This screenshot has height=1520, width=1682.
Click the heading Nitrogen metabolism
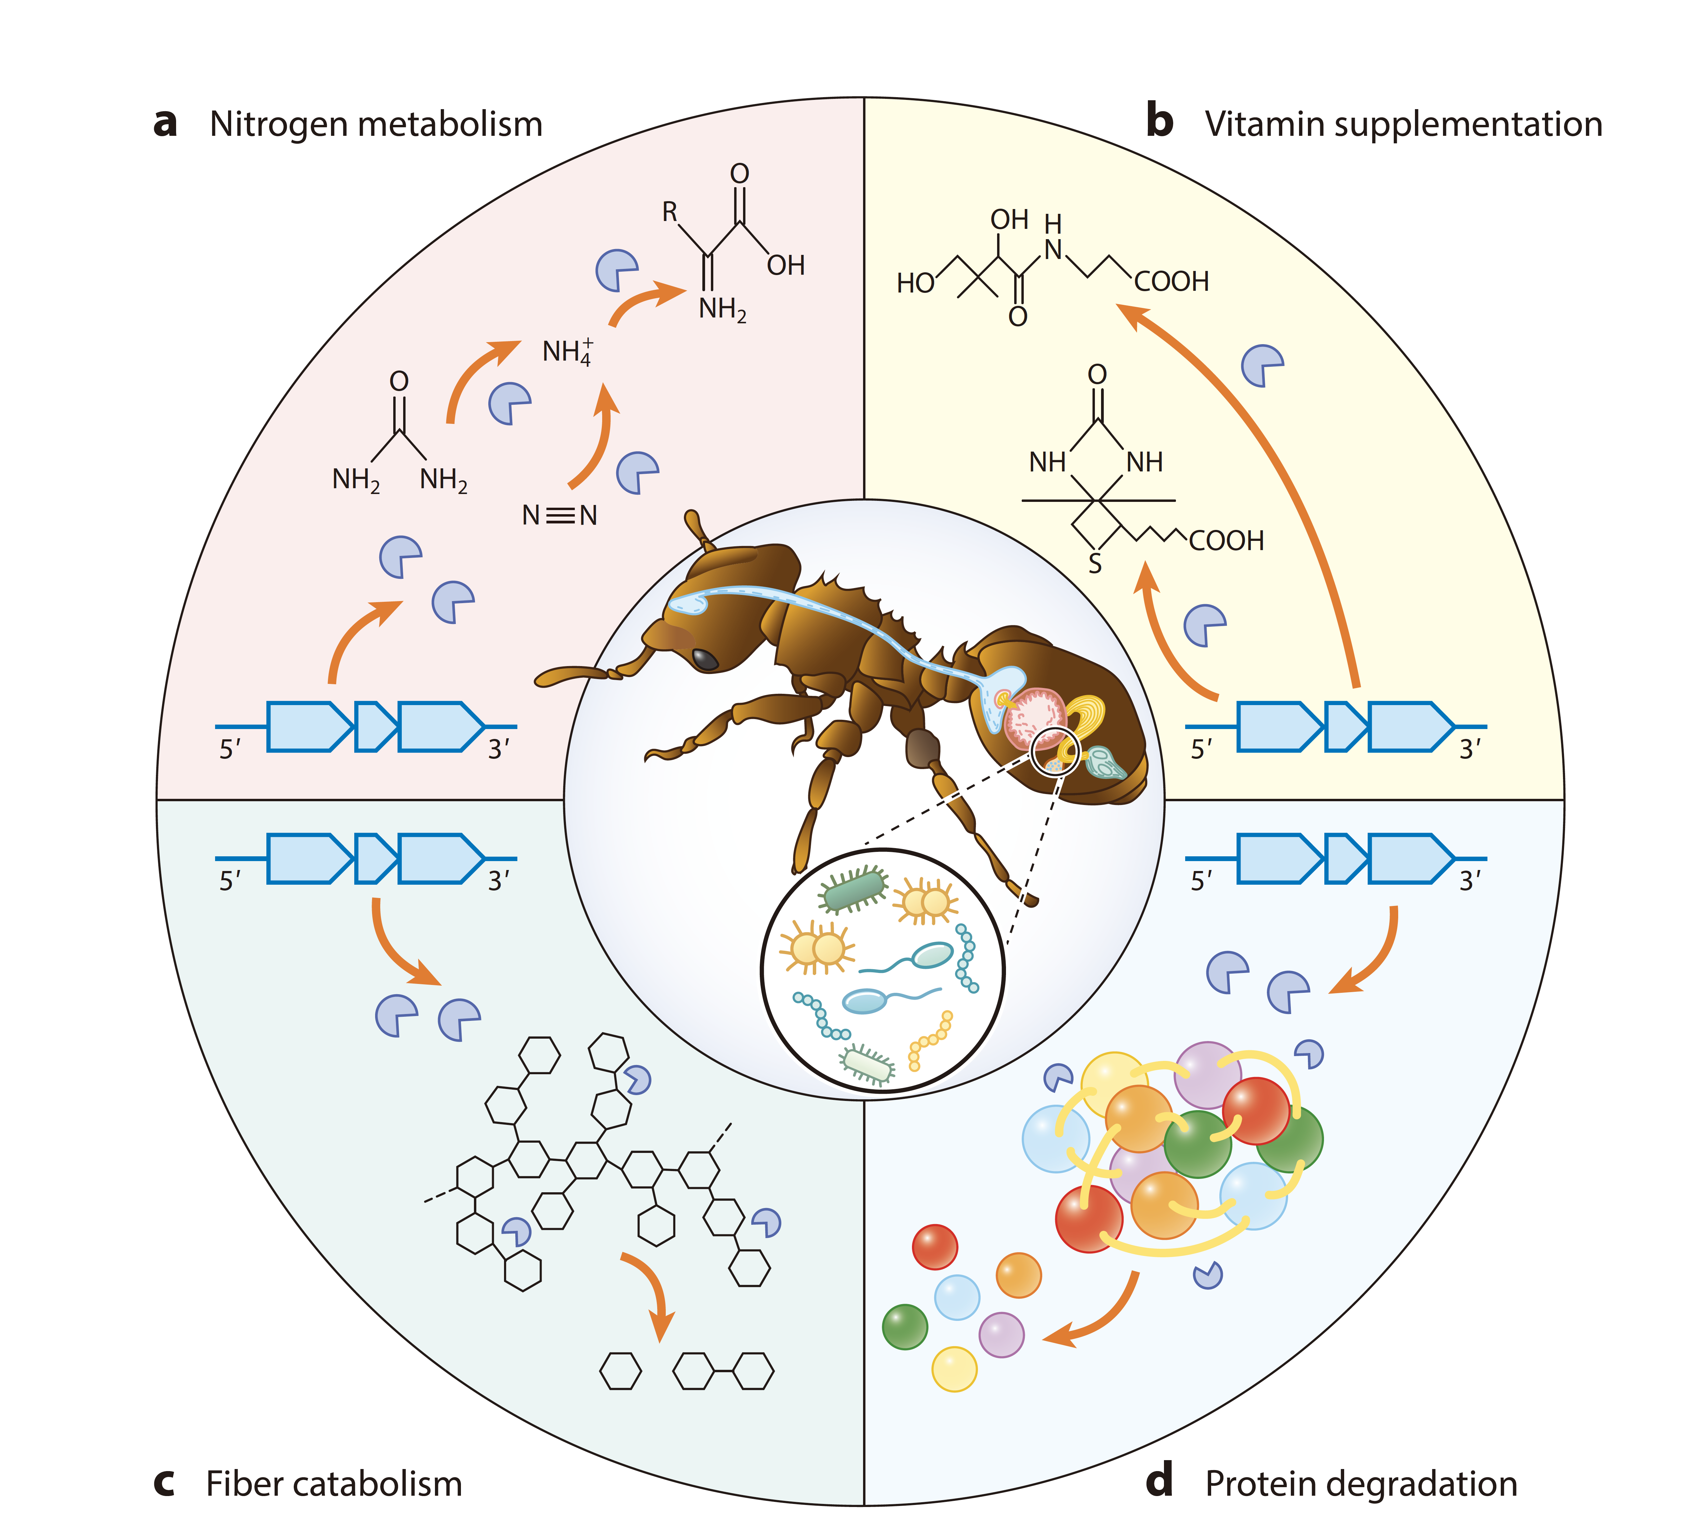tap(375, 125)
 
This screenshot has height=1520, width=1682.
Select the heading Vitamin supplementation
tap(1403, 125)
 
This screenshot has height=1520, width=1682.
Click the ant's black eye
tap(705, 659)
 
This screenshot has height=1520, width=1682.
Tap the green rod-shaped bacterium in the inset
tap(853, 891)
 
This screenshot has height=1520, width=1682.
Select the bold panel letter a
tap(165, 123)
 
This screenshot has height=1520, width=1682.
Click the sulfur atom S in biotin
tap(1095, 564)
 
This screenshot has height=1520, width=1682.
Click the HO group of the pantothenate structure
tap(915, 283)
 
